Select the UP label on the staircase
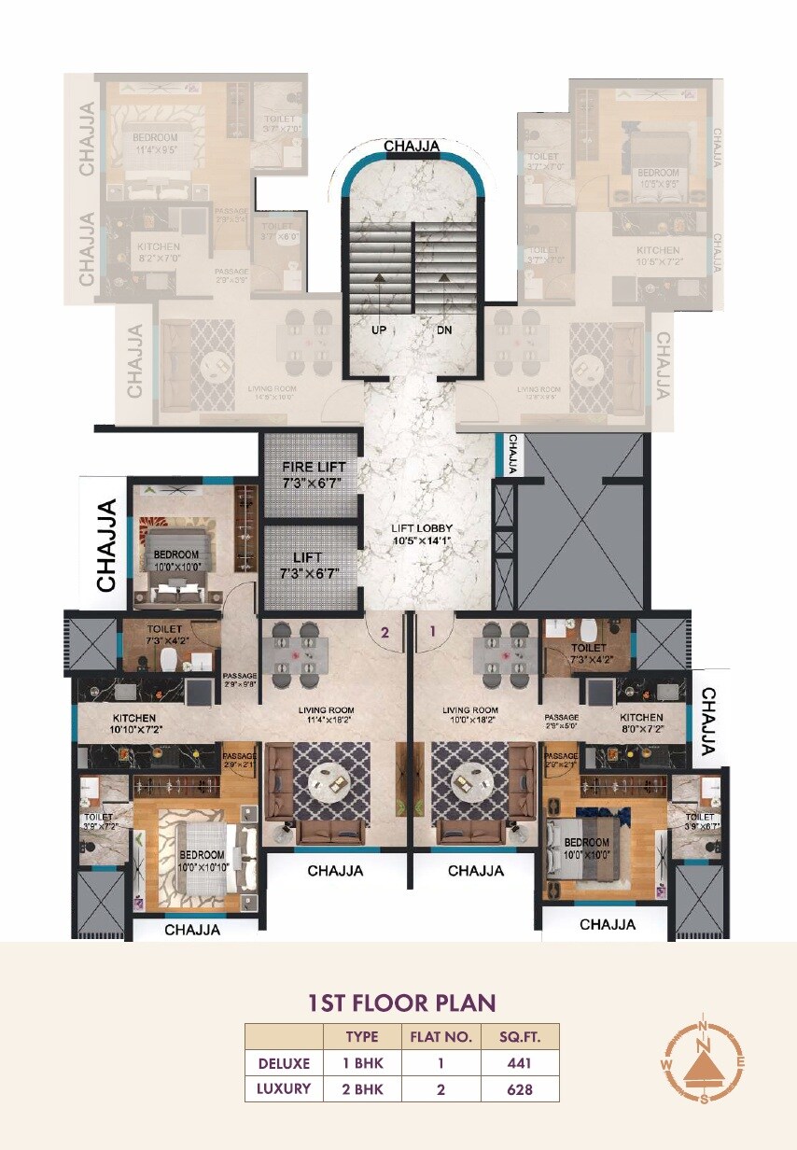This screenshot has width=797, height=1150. pos(379,330)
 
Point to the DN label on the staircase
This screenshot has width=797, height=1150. pos(445,330)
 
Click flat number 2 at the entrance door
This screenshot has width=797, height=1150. pos(383,632)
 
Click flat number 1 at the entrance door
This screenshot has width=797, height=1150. pos(431,632)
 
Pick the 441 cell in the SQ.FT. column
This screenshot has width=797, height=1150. pos(520,1062)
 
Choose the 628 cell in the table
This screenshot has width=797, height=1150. pos(520,1088)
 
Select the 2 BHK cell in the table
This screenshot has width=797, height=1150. pos(362,1088)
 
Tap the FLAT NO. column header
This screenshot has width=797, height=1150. pos(441,1036)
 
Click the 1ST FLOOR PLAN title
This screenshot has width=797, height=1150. pos(401,1003)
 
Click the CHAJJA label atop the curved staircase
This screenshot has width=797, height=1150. pos(412,146)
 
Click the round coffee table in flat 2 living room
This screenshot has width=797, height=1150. pos(329,780)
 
